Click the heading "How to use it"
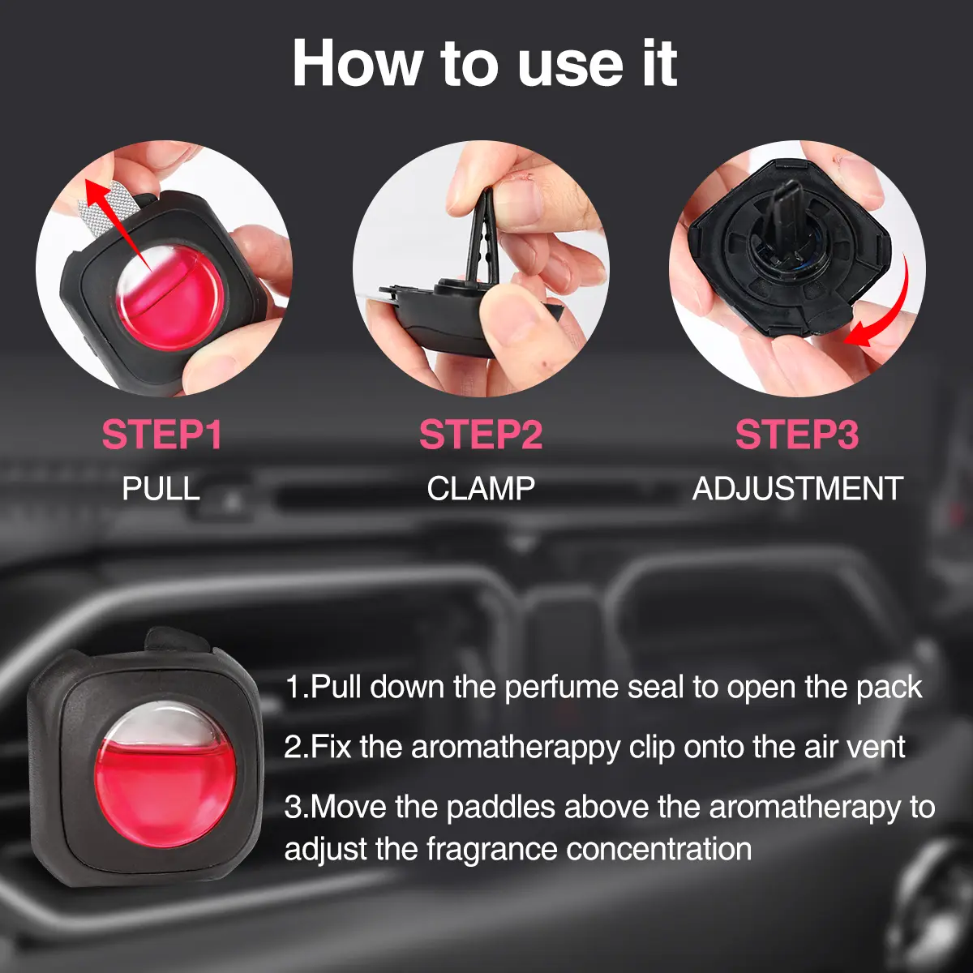[x=485, y=64]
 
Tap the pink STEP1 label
[x=161, y=435]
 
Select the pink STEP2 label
[x=481, y=435]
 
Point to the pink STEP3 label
[x=797, y=435]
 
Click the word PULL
[x=161, y=488]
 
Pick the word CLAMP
[x=481, y=488]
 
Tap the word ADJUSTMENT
[x=798, y=488]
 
